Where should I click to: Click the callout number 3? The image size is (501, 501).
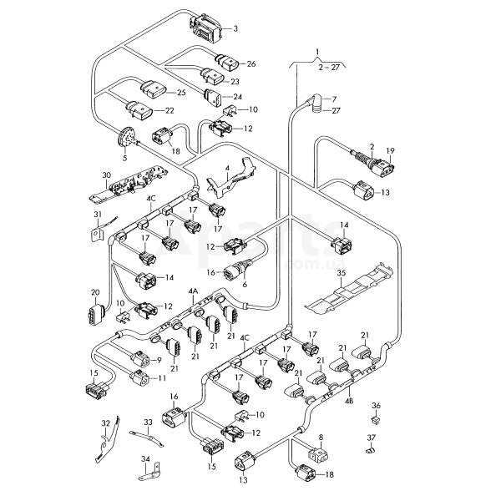point(235,28)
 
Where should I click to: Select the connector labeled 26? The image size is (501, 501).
point(225,61)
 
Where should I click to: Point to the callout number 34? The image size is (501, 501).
point(144,458)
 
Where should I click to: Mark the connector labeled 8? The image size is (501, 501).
point(318,455)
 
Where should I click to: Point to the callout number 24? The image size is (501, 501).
point(237,97)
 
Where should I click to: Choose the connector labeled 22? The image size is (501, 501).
point(141,109)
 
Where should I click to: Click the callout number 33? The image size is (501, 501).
point(148,423)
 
